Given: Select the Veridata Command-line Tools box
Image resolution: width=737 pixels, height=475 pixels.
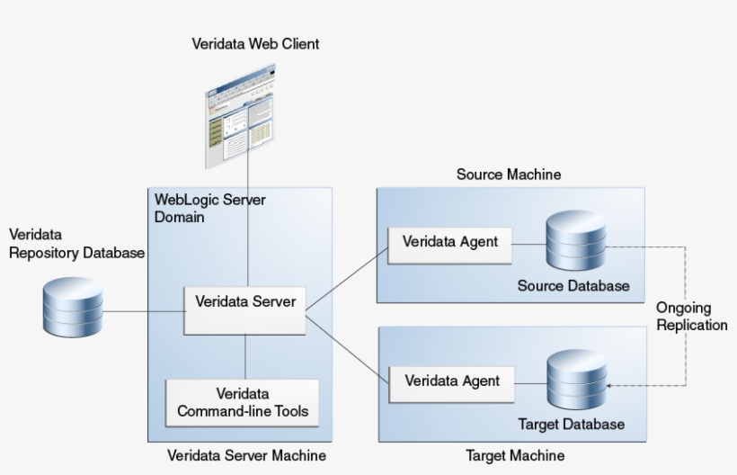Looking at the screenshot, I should point(242,403).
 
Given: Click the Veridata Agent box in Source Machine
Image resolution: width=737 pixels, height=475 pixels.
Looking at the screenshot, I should point(449,242).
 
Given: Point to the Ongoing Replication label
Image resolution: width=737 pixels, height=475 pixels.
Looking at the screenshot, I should point(691,316).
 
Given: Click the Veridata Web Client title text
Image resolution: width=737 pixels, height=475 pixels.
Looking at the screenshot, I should point(255,44).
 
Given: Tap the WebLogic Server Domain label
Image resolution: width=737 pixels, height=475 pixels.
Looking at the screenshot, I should point(210,209).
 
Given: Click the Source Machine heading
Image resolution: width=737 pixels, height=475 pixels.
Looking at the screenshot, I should point(509,175).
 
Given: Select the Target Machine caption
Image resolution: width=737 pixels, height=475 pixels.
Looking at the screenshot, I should point(515,455).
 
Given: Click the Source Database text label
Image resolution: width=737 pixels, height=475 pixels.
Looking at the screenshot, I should point(573,286).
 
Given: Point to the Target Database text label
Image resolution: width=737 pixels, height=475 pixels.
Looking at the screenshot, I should point(571,424).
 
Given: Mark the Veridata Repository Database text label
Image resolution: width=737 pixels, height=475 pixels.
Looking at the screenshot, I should point(75,244).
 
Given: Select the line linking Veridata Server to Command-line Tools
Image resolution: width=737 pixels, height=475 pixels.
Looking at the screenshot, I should point(244,357).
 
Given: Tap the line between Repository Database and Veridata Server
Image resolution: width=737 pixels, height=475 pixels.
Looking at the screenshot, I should point(144,312).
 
